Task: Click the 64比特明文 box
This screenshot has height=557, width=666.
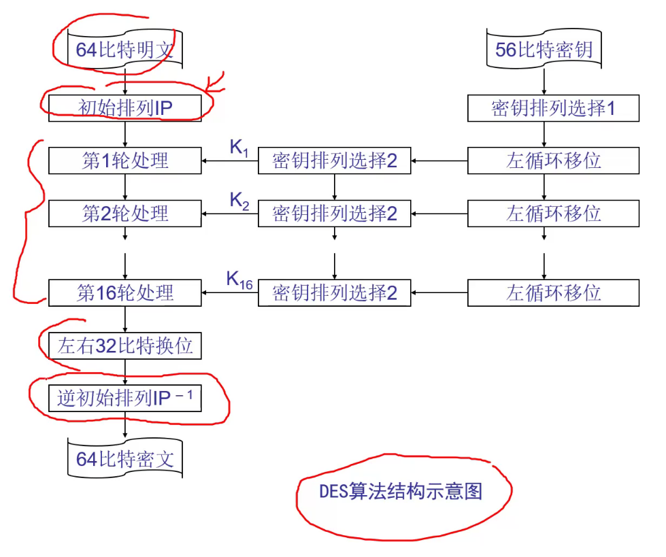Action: (125, 50)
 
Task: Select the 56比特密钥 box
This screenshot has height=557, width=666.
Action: (544, 50)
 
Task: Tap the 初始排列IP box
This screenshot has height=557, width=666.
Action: (125, 108)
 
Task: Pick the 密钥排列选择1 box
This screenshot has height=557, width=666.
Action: (553, 108)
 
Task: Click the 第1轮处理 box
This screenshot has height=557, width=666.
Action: (125, 161)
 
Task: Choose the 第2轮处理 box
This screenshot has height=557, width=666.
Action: (125, 214)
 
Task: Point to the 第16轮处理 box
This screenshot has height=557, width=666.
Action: (125, 293)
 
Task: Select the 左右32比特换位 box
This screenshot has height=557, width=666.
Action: (125, 346)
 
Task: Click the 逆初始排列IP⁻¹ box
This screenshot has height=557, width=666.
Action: (125, 399)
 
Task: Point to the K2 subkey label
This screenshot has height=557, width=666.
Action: (239, 201)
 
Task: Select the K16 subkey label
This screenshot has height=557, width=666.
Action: (239, 280)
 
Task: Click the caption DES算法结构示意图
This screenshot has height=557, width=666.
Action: (401, 492)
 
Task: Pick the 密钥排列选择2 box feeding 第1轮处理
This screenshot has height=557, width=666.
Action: (334, 161)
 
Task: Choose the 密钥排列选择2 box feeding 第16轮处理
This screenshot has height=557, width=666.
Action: (334, 293)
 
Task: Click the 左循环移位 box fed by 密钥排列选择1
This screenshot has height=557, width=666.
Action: (553, 161)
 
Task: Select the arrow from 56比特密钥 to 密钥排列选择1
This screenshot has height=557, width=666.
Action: (544, 81)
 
